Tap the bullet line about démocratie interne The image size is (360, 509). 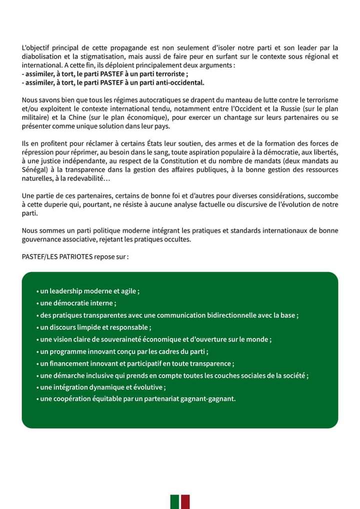pyautogui.click(x=77, y=303)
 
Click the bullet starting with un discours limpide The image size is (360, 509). pyautogui.click(x=95, y=327)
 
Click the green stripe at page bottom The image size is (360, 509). pyautogui.click(x=175, y=502)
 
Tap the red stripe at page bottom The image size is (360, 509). pyautogui.click(x=185, y=502)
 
